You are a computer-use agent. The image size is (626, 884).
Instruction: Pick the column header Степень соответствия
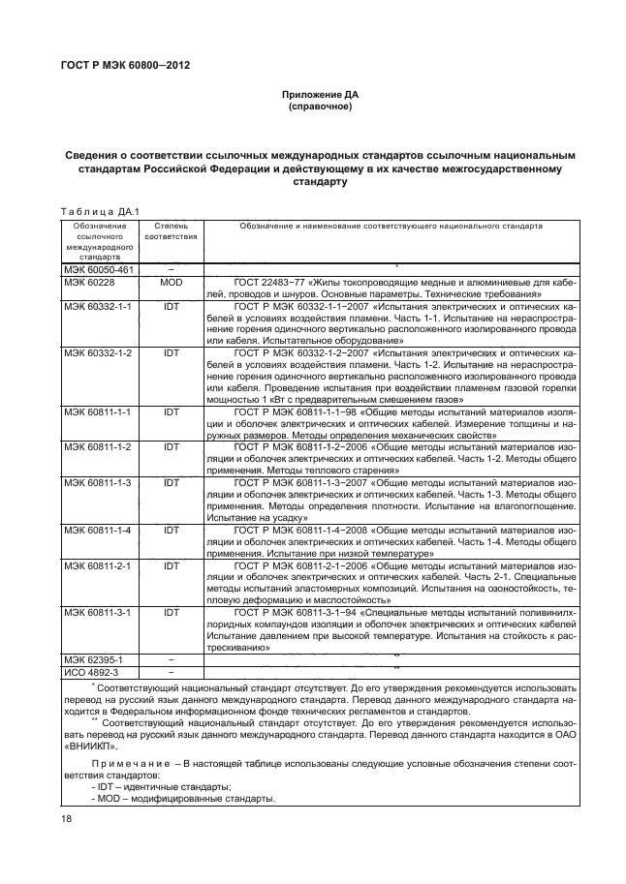[172, 230]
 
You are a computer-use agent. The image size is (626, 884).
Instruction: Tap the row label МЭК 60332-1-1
[98, 305]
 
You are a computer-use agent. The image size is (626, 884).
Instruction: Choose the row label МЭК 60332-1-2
[98, 353]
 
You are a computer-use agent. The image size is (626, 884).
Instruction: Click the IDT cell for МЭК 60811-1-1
[172, 412]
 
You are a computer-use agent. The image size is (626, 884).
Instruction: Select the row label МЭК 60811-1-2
[98, 447]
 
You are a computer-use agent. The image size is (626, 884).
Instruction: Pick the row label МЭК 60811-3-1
[98, 613]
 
